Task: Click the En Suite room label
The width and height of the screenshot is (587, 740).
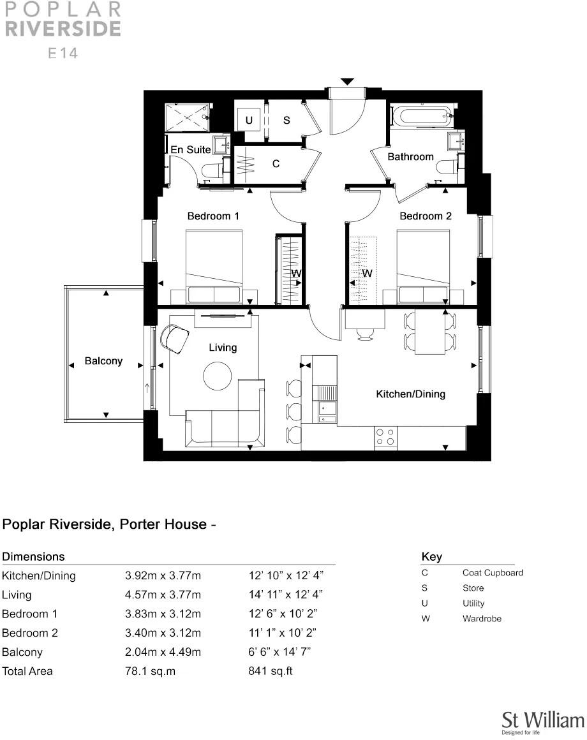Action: pos(191,149)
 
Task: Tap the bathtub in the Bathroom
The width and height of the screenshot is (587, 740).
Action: pos(422,117)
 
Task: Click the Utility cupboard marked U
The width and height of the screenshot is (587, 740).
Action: pos(249,120)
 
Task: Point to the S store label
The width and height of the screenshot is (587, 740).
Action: pos(286,120)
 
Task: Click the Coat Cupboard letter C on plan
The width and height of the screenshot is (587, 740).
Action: pos(276,164)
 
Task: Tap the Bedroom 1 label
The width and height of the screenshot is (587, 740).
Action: pos(213,216)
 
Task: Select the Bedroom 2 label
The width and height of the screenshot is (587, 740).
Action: pos(425,216)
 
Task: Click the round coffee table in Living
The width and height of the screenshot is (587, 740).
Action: pos(218,376)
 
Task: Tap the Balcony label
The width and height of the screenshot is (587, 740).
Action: pos(103,361)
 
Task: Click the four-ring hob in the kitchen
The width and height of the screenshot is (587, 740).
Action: pos(385,436)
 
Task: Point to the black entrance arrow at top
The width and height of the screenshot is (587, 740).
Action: pos(346,82)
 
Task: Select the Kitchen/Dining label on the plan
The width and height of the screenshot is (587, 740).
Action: pos(410,394)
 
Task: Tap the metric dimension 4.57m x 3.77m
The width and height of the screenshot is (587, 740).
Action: pos(163,595)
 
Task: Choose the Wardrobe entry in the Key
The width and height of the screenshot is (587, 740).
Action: pos(482,619)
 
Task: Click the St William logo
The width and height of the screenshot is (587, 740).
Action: pos(542,721)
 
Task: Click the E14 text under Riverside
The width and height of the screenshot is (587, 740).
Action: pos(64,54)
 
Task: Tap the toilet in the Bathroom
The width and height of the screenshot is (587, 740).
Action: pos(446,167)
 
